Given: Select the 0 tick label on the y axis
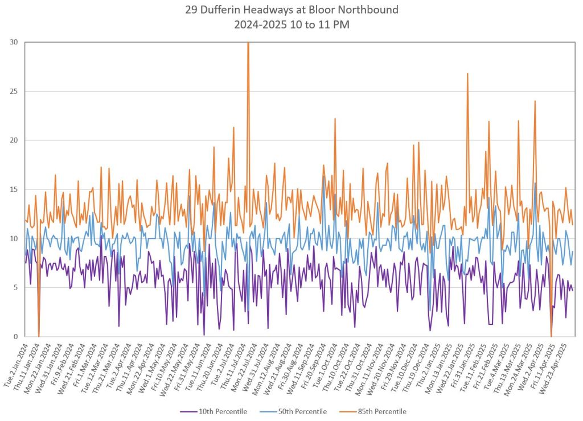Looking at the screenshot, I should tap(16, 336).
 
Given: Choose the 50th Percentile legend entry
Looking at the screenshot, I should tap(295, 411).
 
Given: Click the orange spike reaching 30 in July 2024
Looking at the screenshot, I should tap(248, 43).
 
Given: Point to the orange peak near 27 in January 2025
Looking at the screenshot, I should tap(467, 73).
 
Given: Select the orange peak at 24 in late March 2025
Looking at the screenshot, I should tap(535, 101).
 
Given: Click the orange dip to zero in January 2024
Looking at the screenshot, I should tap(39, 335).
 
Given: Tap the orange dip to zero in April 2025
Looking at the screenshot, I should tap(551, 335).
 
